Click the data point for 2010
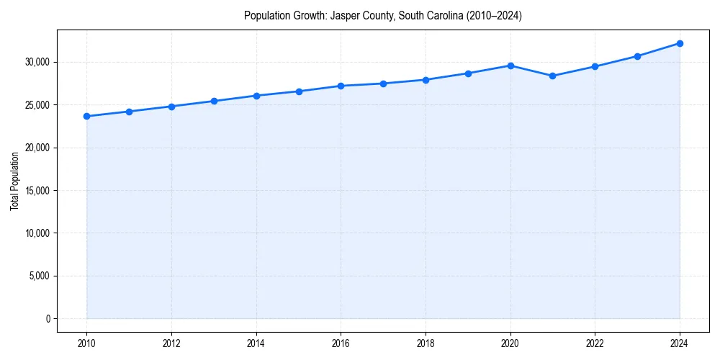click(x=86, y=116)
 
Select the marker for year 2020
click(x=510, y=66)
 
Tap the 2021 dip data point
click(x=553, y=76)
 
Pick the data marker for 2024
click(x=680, y=43)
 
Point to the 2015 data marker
click(x=299, y=91)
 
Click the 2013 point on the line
click(x=214, y=101)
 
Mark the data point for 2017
click(x=383, y=84)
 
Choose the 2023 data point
click(x=637, y=56)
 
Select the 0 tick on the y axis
click(x=48, y=318)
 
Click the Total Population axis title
click(x=14, y=181)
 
